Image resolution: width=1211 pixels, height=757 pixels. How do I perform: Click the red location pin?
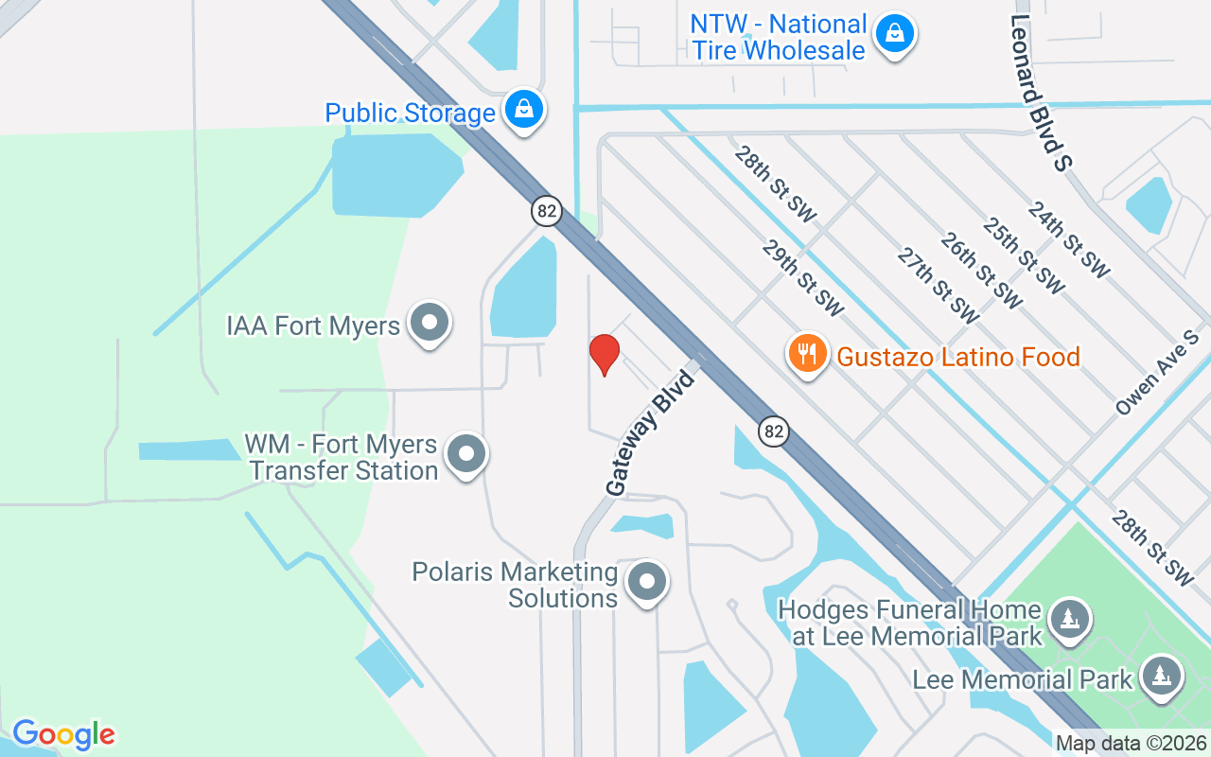pos(605,355)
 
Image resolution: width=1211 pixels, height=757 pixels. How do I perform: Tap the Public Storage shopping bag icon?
pos(522,110)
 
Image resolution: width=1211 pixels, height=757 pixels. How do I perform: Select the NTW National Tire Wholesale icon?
pos(894,35)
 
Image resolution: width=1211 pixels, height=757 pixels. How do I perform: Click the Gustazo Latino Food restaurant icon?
pos(806,355)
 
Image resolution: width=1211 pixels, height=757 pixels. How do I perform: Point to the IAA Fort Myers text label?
pos(313,326)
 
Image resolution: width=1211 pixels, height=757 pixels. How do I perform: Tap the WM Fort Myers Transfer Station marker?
pos(465,454)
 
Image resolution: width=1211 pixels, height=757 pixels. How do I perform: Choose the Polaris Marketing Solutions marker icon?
pos(647,582)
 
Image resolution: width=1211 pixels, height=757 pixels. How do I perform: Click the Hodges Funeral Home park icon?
pos(1070,620)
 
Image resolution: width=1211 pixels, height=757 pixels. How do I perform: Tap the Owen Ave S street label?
pos(1157,374)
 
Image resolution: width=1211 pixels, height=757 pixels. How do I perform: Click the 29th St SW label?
pos(802,277)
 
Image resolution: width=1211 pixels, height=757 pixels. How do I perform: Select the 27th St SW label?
pos(938,285)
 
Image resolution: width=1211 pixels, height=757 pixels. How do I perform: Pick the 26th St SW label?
pos(981,271)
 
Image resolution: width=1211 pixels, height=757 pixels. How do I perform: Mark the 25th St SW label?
pos(1024,256)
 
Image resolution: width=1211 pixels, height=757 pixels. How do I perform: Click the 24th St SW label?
pos(1068,241)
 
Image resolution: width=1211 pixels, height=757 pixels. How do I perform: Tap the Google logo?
pos(63,734)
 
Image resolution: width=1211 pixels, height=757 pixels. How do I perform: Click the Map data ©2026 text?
pos(1132,744)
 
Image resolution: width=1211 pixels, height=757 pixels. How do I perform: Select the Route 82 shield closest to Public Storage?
pos(547,210)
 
